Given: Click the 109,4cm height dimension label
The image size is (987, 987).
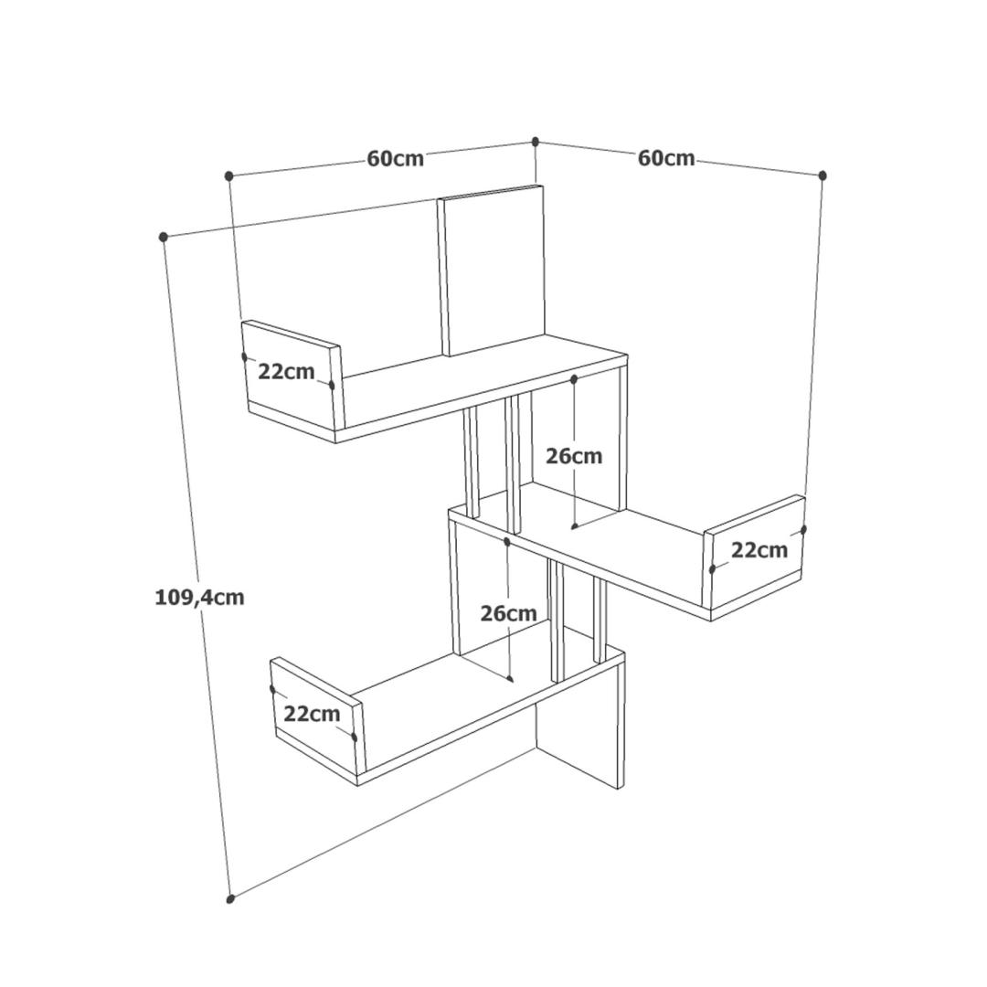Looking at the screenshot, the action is [x=199, y=597].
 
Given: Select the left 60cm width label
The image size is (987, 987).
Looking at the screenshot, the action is [x=396, y=158].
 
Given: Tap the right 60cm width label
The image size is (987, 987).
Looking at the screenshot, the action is [x=666, y=158].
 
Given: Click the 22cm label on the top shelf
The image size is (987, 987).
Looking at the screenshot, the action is [x=286, y=372].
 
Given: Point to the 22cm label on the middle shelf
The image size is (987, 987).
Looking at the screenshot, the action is [x=759, y=550].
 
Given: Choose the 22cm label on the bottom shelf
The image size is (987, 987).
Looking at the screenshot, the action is [x=312, y=714].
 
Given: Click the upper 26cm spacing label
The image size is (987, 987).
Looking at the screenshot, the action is [x=574, y=456].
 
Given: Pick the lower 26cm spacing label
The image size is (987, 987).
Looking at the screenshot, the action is [x=509, y=613].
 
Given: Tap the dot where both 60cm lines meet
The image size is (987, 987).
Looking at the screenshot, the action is [x=536, y=141].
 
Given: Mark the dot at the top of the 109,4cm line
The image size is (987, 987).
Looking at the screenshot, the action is [x=163, y=237].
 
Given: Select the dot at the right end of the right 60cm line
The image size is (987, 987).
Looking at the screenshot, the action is [x=822, y=175].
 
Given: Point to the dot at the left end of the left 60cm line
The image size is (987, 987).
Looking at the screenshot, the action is [x=229, y=175].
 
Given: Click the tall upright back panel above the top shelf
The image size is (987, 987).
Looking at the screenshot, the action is [x=491, y=271].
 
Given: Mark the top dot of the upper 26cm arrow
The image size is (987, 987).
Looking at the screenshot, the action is [x=574, y=379].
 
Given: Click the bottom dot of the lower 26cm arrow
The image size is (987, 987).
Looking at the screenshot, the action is [x=511, y=678].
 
